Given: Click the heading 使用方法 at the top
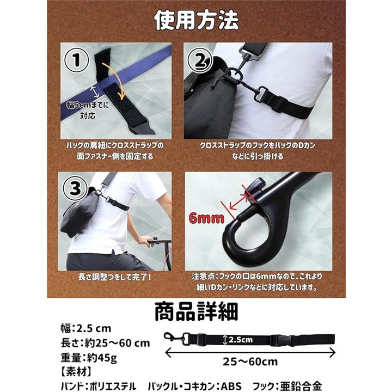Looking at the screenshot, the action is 196,21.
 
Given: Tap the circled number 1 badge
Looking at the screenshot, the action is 77,60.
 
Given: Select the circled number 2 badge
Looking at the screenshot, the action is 200,61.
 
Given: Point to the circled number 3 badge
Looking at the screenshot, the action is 75,188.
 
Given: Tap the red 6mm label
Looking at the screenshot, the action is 206,218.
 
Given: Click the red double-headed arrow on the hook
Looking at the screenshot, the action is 239,202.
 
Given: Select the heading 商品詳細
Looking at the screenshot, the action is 196,311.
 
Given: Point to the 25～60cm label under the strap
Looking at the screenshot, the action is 250,362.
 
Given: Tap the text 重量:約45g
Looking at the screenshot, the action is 89,358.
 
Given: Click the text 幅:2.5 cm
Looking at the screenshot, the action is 86,328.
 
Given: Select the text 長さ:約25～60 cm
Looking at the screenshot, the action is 105,343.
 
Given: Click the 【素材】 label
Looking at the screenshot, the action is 76,372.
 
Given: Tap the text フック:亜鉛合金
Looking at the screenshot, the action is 287,386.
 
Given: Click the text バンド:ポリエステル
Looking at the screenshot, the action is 99,386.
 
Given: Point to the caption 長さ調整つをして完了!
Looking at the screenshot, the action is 115,277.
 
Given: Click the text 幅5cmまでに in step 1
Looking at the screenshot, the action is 88,105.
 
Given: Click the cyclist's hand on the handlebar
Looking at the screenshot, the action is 144,241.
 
